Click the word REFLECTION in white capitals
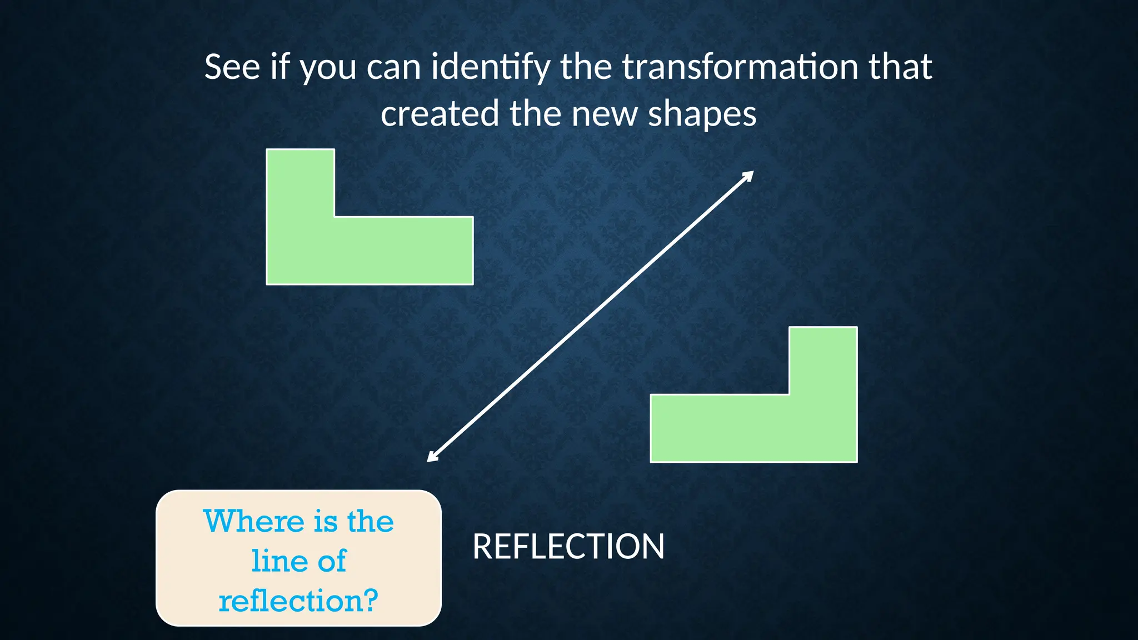[x=568, y=546]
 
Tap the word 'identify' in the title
[x=491, y=67]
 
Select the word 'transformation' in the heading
[x=741, y=67]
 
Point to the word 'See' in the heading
[x=232, y=67]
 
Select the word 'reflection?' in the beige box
[x=298, y=601]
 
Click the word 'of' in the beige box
[x=332, y=561]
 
